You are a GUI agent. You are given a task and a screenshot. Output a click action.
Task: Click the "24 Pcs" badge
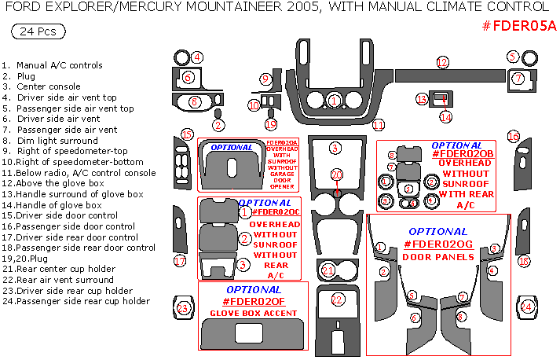click(38, 31)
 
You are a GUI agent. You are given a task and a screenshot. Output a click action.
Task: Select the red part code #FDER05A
click(518, 26)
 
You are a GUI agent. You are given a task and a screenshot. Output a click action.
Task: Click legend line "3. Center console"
click(41, 86)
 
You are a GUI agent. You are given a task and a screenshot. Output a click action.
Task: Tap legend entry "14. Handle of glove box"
click(52, 204)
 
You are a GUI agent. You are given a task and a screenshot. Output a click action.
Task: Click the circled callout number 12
click(442, 62)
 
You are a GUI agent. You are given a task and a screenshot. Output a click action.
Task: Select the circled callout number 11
click(379, 125)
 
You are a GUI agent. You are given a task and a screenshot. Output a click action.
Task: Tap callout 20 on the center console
click(336, 174)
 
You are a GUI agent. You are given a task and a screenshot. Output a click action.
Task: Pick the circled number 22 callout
click(337, 299)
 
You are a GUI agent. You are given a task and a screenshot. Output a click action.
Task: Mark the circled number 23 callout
click(183, 308)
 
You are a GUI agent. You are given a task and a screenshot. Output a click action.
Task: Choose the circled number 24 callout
click(527, 307)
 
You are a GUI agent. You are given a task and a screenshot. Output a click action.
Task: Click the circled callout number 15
click(186, 134)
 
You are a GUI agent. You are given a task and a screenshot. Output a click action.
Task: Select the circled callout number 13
click(422, 99)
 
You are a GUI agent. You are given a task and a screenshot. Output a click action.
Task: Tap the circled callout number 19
click(271, 124)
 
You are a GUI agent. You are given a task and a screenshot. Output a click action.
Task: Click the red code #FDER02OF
click(253, 301)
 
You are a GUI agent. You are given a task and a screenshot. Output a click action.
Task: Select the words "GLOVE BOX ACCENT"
click(253, 314)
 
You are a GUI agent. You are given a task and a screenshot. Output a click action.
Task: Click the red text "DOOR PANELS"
click(437, 257)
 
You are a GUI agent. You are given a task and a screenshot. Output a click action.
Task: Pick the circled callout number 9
click(266, 79)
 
